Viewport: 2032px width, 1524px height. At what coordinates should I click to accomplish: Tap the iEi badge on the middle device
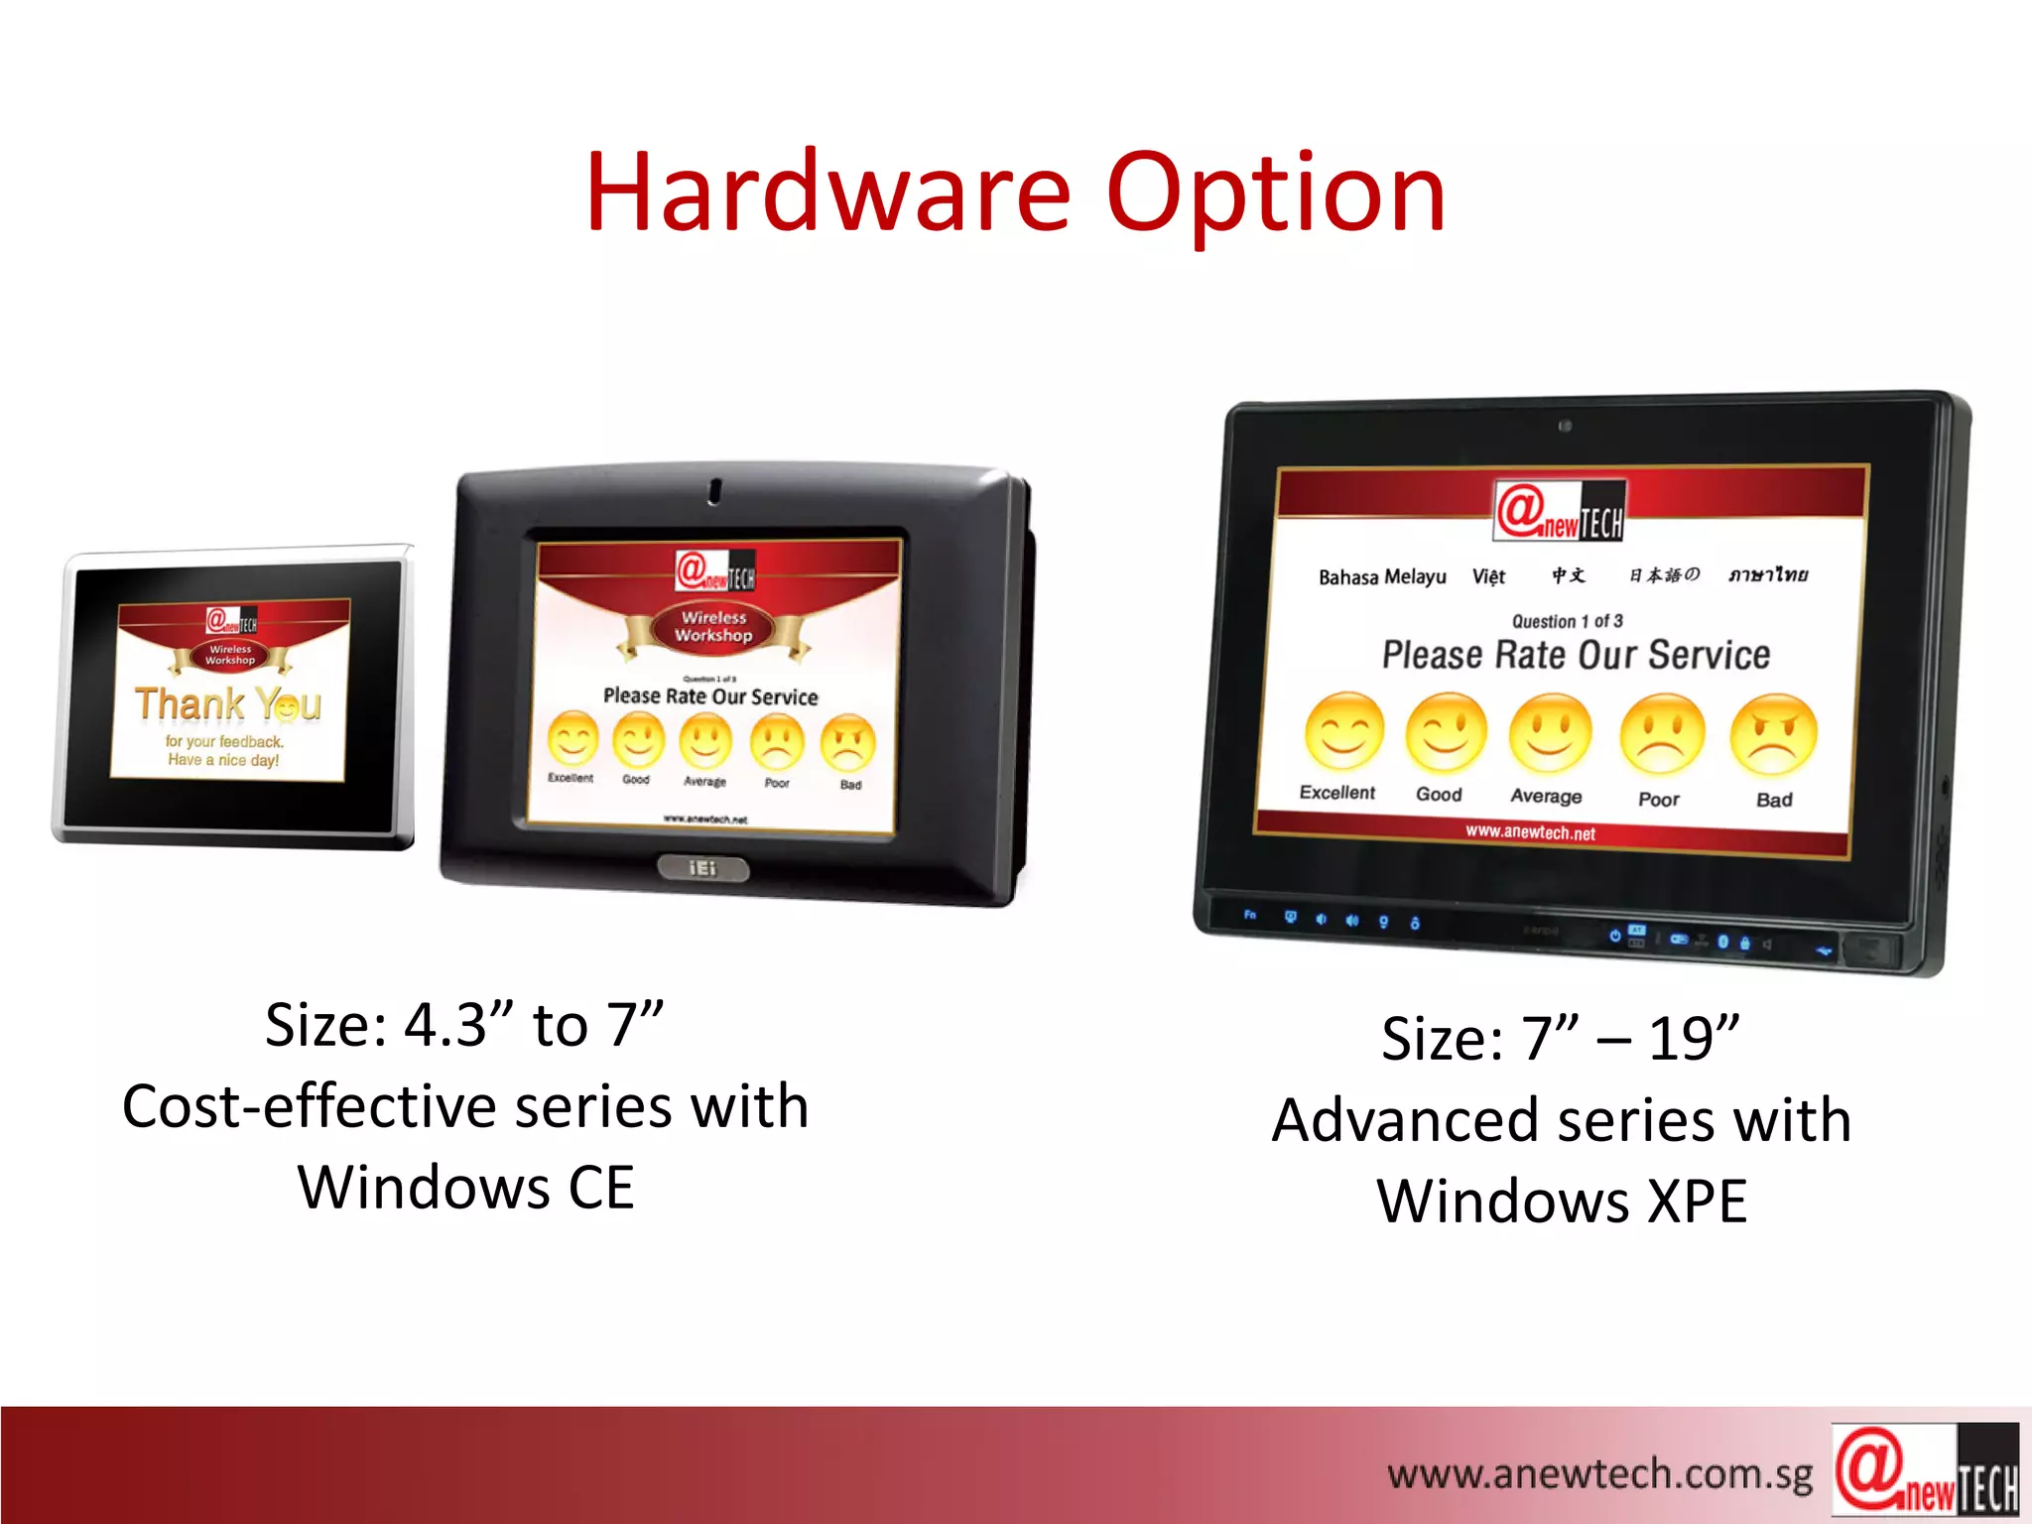pos(702,868)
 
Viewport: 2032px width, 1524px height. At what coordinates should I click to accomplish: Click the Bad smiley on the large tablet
pos(1773,735)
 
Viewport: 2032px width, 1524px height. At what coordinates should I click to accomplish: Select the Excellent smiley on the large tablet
pos(1344,731)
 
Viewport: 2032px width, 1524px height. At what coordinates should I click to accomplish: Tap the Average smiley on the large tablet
pos(1550,733)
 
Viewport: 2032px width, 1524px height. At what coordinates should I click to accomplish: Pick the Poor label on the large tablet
pos(1659,799)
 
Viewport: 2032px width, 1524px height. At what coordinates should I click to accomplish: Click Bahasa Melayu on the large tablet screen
pos(1382,576)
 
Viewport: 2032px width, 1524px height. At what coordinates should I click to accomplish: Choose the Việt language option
pos(1488,576)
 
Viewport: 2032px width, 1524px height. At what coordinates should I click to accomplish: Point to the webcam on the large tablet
pos(1565,426)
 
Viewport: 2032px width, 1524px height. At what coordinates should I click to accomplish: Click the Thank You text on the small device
pos(228,704)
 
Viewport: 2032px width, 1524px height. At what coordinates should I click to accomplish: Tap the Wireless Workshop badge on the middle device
pos(713,627)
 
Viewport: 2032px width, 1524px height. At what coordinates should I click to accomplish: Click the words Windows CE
pos(465,1188)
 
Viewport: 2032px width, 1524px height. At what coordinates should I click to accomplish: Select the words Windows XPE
pos(1562,1202)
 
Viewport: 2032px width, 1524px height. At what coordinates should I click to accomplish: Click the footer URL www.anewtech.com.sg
pos(1599,1474)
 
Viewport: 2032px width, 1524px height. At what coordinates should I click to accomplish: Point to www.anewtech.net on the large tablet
pos(1530,831)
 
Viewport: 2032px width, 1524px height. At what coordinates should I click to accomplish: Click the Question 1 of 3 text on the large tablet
pos(1567,621)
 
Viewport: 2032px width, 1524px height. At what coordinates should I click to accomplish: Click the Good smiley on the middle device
pos(637,740)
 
